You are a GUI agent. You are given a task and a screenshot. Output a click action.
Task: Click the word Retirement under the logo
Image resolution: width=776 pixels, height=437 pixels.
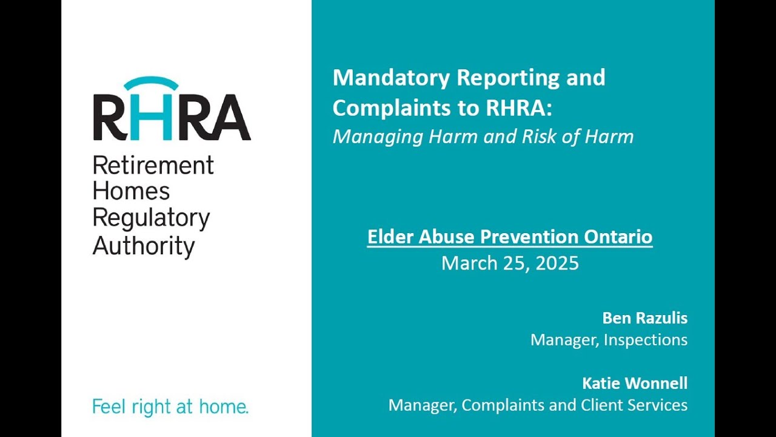[153, 165]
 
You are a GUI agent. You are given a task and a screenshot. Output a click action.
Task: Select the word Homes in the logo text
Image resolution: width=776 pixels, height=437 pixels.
[131, 192]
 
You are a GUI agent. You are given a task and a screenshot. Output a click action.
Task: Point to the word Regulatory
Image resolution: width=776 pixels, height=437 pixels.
[151, 219]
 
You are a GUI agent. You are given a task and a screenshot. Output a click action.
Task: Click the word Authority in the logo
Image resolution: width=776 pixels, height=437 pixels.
[144, 246]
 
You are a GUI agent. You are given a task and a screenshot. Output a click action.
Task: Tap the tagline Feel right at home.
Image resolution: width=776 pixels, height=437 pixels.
[170, 406]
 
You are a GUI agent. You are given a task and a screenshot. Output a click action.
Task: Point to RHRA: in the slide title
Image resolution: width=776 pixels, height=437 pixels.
[520, 107]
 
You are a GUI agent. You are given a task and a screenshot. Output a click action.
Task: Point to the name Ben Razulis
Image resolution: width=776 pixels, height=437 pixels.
[645, 317]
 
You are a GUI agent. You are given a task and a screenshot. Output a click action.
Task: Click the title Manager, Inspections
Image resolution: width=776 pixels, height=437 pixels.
[609, 339]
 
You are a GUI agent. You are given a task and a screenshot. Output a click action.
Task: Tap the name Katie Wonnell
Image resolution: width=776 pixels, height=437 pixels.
[635, 383]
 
